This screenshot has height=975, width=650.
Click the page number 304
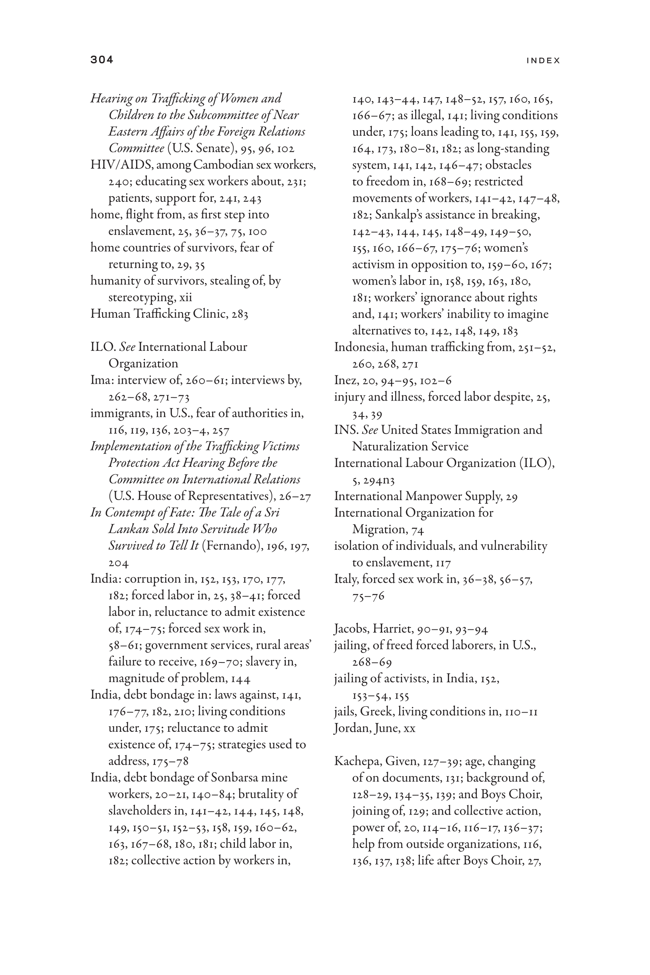102,60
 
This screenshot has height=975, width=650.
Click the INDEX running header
543,61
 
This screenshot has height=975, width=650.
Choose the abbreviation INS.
346,430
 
